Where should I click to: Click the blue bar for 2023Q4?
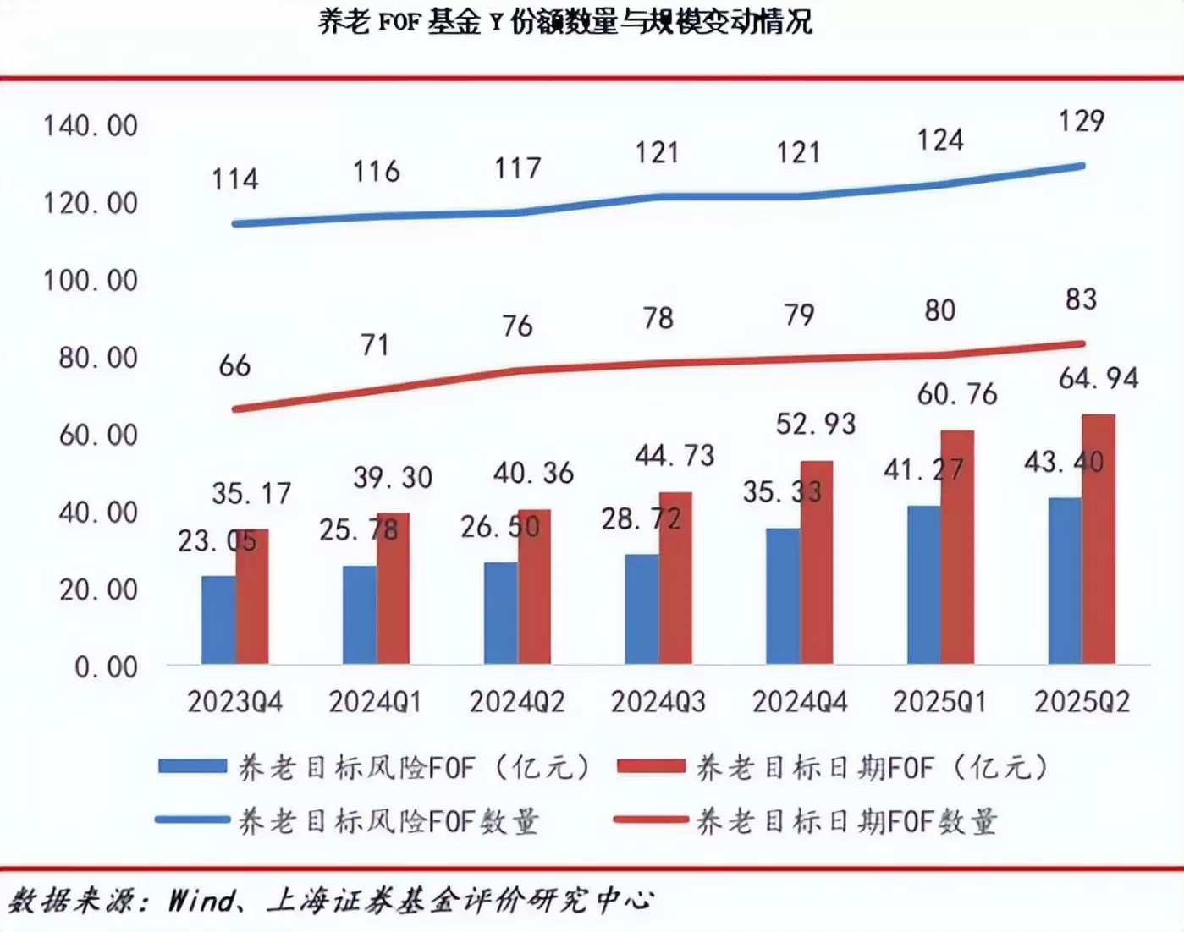(218, 619)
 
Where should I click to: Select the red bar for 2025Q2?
(1099, 539)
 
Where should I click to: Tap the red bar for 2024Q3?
(675, 578)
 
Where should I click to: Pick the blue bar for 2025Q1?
(923, 584)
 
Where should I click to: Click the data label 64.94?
(1099, 378)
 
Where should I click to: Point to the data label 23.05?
(217, 540)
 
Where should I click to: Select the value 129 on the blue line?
(1082, 121)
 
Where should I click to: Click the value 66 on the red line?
(234, 365)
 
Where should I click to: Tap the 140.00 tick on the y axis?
(91, 126)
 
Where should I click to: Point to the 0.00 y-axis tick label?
(106, 667)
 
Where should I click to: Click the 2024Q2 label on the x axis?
(517, 702)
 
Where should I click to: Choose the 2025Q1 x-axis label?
(940, 702)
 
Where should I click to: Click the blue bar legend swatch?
(192, 767)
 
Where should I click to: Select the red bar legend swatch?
(651, 767)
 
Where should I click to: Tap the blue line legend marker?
(192, 820)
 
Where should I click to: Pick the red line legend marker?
(651, 820)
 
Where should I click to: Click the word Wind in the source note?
(201, 900)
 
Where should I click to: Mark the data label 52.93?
(816, 424)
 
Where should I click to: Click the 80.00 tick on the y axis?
(98, 358)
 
